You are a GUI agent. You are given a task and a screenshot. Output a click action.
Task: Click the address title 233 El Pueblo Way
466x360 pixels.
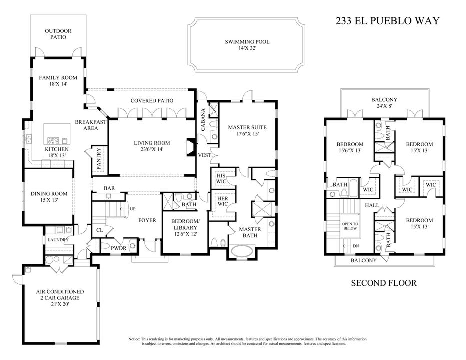pyautogui.click(x=386, y=21)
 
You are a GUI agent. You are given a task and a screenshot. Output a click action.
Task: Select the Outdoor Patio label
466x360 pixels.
pyautogui.click(x=58, y=34)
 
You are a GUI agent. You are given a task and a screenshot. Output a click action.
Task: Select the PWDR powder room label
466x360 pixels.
pyautogui.click(x=118, y=247)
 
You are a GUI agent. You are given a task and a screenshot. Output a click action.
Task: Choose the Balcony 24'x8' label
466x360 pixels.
pyautogui.click(x=384, y=102)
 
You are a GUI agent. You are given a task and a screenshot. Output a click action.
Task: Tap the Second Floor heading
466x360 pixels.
pyautogui.click(x=383, y=283)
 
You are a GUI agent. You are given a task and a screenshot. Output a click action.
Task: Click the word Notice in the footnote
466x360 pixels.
pyautogui.click(x=135, y=339)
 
